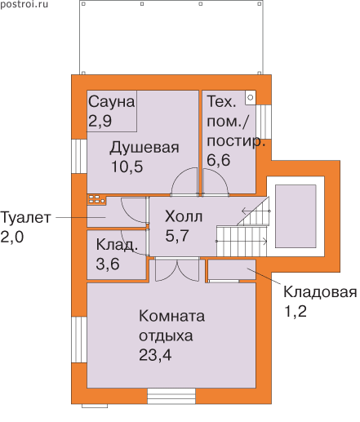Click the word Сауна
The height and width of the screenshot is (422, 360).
click(x=111, y=102)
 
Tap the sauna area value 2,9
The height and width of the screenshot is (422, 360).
click(x=100, y=121)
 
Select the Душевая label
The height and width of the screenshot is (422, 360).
click(x=144, y=148)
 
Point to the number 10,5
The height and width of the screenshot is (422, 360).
click(x=127, y=167)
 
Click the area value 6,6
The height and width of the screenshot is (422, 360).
click(x=219, y=160)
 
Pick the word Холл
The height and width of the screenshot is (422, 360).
click(x=184, y=217)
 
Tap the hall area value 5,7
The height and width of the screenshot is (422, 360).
click(x=177, y=235)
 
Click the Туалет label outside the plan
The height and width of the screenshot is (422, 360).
click(x=25, y=218)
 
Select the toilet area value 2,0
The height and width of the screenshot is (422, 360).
click(x=12, y=237)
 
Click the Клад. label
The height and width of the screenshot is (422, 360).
click(x=117, y=245)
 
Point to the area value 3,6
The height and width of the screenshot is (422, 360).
click(x=108, y=264)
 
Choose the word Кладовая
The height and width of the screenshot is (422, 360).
click(x=320, y=292)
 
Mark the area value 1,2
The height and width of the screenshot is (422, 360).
click(x=295, y=311)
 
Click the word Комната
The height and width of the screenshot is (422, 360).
click(x=171, y=316)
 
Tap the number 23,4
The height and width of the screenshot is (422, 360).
click(x=155, y=354)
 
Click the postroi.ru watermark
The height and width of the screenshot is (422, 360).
click(x=24, y=4)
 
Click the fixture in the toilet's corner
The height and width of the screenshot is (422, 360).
click(x=96, y=200)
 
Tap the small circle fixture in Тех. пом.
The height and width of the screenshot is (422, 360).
click(x=251, y=97)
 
